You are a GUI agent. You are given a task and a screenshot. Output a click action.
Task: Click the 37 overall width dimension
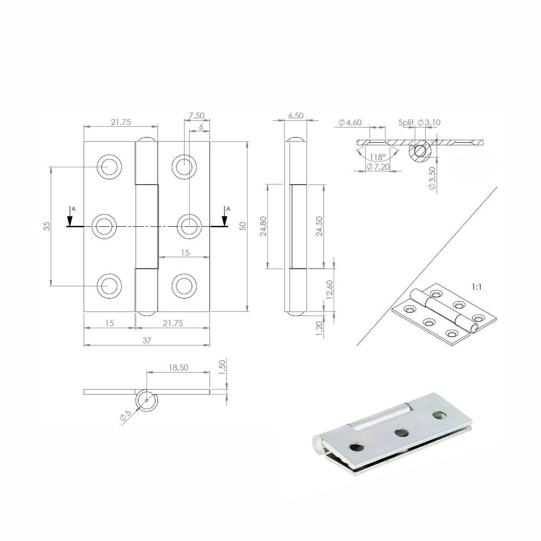pyautogui.click(x=147, y=340)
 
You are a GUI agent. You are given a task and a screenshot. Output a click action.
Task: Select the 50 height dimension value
pyautogui.click(x=243, y=226)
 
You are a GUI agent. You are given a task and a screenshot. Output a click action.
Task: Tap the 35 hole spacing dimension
pyautogui.click(x=47, y=226)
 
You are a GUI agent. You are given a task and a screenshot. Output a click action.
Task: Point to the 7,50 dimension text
pyautogui.click(x=197, y=115)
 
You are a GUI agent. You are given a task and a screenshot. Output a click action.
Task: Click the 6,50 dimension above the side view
pyautogui.click(x=296, y=116)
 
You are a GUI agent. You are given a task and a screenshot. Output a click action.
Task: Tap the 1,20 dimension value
pyautogui.click(x=320, y=330)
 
